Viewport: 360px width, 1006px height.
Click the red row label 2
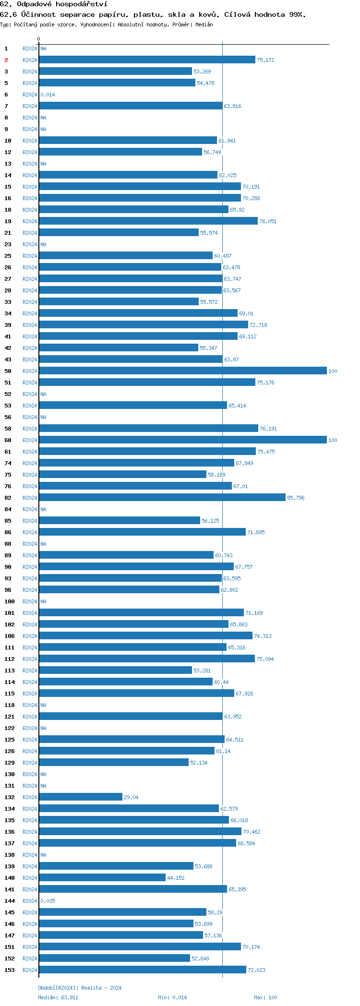pos(6,60)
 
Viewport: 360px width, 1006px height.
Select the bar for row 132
pos(81,797)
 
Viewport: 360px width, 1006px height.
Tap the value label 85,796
pos(296,498)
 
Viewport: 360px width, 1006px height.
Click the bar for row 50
pos(183,371)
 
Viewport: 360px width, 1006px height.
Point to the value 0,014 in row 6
pos(48,95)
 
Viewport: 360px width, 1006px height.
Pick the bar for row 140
pos(102,878)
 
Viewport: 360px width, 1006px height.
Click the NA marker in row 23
pos(43,244)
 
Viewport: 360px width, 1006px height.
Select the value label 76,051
pos(268,221)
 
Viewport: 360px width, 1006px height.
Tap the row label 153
pos(10,970)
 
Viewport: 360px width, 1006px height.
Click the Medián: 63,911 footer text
pos(58,997)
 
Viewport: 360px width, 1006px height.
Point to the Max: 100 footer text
pos(265,997)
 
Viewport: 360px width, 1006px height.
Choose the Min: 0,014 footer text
pos(172,997)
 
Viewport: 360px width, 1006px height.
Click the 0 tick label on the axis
pos(39,39)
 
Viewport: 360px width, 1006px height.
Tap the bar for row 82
pos(162,498)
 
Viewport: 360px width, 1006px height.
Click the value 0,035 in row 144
pos(48,901)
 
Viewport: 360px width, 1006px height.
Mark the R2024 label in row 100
pos(30,601)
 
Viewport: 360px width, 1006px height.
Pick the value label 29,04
pos(131,797)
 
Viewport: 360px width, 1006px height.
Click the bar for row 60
pos(183,440)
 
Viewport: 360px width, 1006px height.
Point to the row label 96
pos(8,590)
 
